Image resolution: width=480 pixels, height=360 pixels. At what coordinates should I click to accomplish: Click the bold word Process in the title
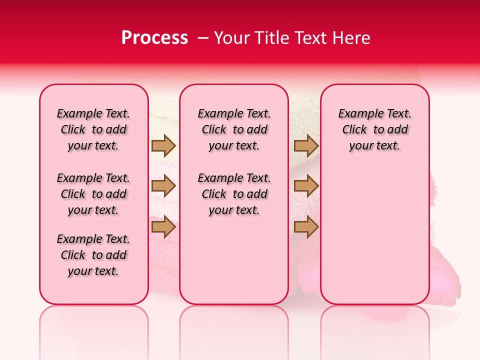[x=154, y=38]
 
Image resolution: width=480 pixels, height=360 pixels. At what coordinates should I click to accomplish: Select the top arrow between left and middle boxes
[x=163, y=145]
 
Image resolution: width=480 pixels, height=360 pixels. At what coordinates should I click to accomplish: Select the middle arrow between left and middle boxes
[x=163, y=186]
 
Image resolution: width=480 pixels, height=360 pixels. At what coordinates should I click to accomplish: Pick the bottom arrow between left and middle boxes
[x=163, y=227]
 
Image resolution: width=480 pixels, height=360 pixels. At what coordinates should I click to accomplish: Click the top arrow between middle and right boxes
[x=306, y=145]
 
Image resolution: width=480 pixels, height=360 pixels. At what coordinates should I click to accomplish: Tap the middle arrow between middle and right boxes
[x=306, y=186]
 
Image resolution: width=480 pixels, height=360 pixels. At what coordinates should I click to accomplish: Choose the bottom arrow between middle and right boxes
[x=306, y=227]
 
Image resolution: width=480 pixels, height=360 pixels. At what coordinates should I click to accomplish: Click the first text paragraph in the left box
[x=93, y=129]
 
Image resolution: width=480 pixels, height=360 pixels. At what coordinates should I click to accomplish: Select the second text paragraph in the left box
[x=93, y=194]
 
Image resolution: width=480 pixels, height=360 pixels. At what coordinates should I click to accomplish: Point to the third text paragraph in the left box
[x=93, y=255]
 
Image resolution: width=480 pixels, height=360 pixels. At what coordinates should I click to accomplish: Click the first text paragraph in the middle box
[x=234, y=129]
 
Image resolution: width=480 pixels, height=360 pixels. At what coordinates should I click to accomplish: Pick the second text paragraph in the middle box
[x=234, y=194]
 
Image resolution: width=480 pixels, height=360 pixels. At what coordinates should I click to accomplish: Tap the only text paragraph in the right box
[x=374, y=129]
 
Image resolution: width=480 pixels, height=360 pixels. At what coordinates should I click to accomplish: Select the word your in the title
[x=231, y=38]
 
